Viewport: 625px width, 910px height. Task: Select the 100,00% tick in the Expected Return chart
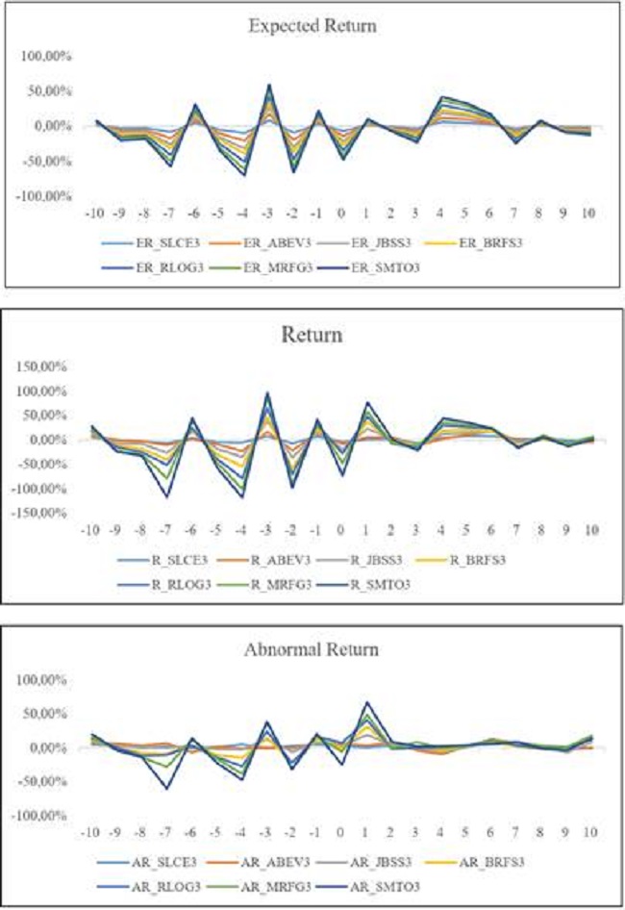pos(43,57)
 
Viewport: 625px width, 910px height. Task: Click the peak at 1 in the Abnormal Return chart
pos(366,702)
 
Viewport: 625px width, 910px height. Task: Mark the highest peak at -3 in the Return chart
pos(267,392)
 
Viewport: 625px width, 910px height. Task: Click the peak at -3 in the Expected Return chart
pos(268,85)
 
